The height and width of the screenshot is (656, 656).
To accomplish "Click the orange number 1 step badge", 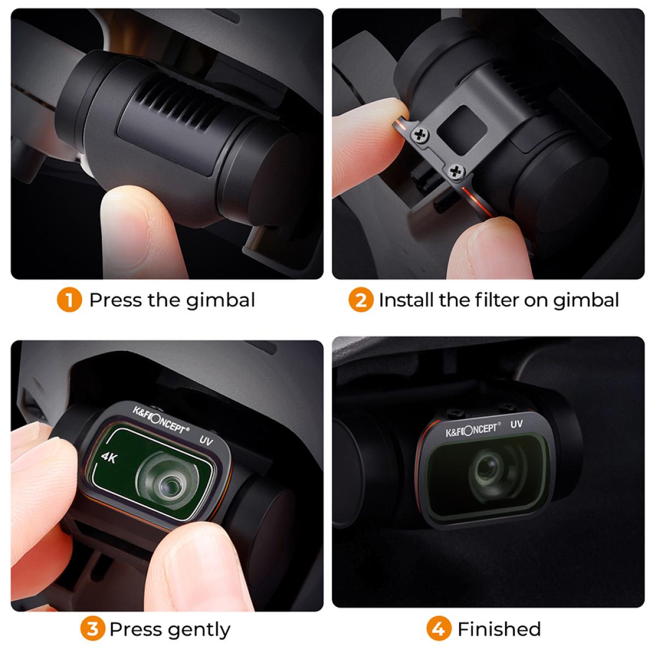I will [x=69, y=300].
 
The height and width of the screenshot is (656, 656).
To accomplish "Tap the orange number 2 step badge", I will [x=361, y=300].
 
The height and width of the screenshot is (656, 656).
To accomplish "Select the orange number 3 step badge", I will [x=93, y=629].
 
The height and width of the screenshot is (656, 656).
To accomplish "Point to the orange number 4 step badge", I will [x=440, y=629].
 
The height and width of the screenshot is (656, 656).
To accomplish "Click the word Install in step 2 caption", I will [x=405, y=300].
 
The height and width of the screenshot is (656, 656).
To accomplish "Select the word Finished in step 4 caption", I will [x=499, y=629].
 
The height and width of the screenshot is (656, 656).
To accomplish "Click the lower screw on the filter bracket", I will [x=455, y=173].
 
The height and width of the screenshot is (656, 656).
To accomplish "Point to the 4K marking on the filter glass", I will [x=109, y=458].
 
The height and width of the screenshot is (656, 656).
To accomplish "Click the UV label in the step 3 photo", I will [x=206, y=440].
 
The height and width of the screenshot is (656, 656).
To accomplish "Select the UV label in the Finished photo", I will [x=516, y=424].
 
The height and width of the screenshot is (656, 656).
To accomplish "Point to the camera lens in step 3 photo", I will [x=167, y=481].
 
